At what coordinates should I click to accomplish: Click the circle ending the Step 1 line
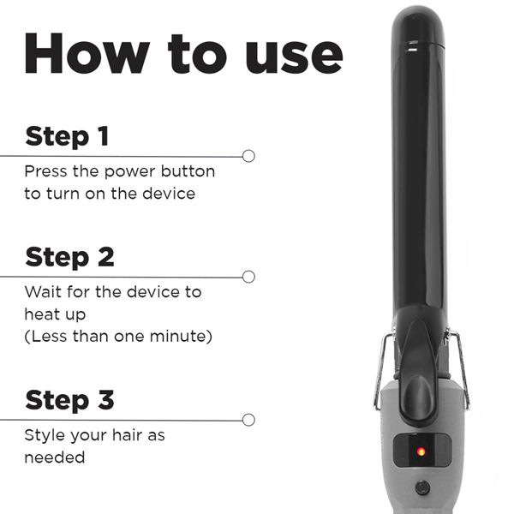[248, 156]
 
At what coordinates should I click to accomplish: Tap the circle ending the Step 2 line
[248, 277]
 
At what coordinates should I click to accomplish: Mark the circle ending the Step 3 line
[248, 420]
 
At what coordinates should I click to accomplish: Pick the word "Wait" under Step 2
[43, 292]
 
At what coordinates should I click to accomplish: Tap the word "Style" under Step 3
[45, 435]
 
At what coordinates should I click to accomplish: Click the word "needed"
[55, 457]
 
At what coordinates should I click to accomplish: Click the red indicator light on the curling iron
[421, 451]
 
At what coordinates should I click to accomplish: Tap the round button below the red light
[421, 487]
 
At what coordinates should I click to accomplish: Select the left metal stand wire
[380, 368]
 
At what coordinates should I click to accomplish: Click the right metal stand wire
[461, 368]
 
